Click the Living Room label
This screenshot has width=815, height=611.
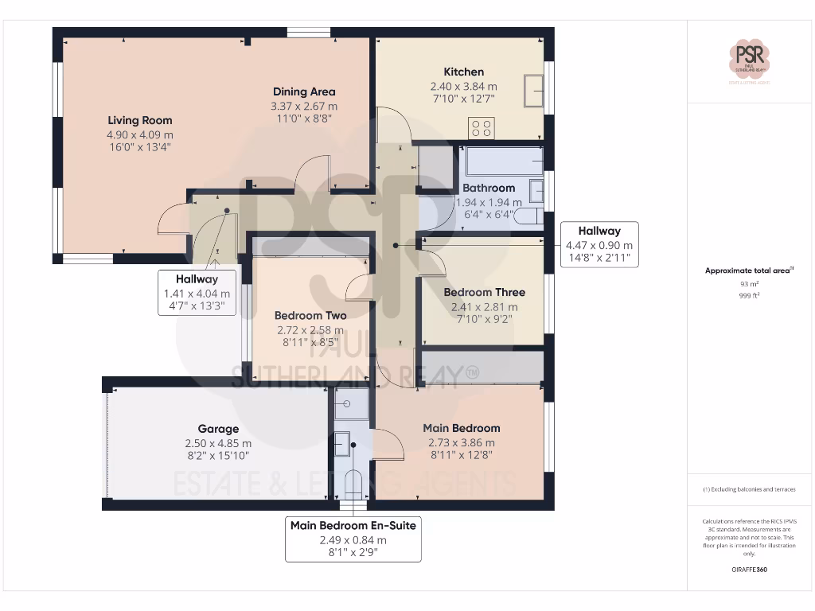point(140,120)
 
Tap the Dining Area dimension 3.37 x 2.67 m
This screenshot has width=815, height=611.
point(304,106)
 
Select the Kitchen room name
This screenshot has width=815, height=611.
point(463,72)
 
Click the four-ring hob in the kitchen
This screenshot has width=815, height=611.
point(482,127)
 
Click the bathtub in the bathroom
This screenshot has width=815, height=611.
point(502,162)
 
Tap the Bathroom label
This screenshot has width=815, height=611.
point(489,188)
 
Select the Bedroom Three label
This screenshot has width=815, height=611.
point(484,292)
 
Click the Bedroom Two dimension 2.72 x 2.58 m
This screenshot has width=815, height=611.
point(310,329)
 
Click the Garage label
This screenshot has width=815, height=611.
point(218,429)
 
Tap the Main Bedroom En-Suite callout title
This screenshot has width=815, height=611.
point(353,525)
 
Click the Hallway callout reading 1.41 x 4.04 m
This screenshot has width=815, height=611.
point(197,292)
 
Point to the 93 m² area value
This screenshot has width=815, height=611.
point(749,283)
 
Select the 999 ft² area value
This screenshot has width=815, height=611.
point(749,294)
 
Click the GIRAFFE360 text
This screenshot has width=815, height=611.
point(749,570)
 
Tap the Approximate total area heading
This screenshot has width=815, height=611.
point(749,270)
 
